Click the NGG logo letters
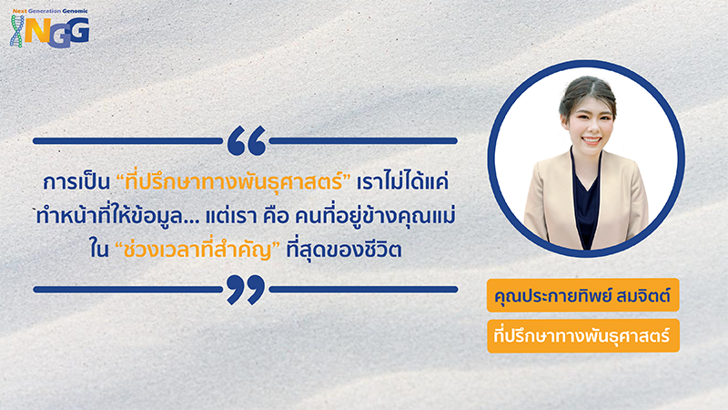tap(62, 30)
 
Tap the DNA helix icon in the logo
tap(17, 31)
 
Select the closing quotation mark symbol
tap(246, 289)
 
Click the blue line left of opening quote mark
tap(127, 141)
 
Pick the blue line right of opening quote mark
tap(364, 141)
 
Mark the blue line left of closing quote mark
tap(127, 289)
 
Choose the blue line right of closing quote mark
tap(364, 289)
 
